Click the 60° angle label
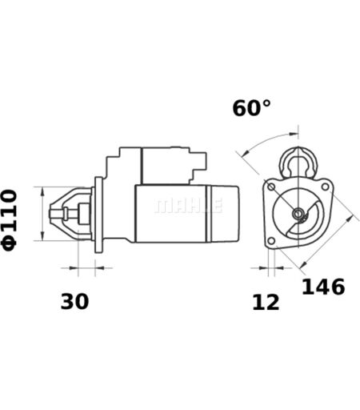[x=251, y=108]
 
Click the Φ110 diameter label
[x=10, y=220]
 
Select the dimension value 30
[x=74, y=301]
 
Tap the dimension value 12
[x=266, y=303]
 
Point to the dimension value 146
[x=323, y=287]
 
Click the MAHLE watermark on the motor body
[x=188, y=206]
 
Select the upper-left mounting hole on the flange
[x=271, y=187]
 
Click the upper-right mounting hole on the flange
[x=325, y=187]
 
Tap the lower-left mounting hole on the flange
[x=271, y=241]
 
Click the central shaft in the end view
[x=298, y=213]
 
